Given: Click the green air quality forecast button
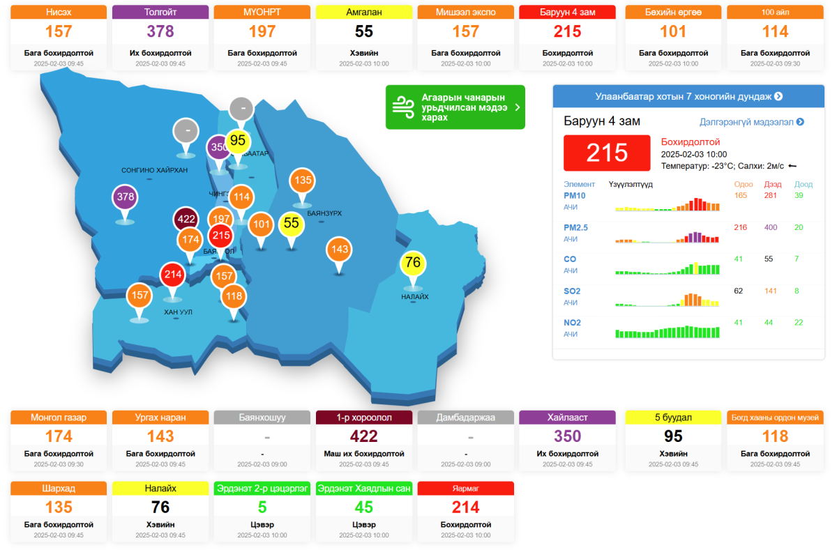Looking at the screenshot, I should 455,107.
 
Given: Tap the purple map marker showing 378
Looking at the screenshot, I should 126,197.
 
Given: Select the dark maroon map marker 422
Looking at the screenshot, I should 186,219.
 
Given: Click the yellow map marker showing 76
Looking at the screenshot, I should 413,263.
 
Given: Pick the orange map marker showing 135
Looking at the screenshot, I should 302,181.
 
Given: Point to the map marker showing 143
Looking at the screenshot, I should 340,249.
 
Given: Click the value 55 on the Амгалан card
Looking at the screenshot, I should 364,31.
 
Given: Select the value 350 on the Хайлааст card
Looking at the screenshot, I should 567,436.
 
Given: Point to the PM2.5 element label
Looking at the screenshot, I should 575,227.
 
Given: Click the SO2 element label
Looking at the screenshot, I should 572,291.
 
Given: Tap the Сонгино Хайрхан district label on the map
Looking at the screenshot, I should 154,170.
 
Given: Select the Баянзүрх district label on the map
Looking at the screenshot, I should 324,213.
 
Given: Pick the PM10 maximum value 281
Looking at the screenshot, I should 771,195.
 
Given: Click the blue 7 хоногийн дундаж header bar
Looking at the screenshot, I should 688,96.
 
